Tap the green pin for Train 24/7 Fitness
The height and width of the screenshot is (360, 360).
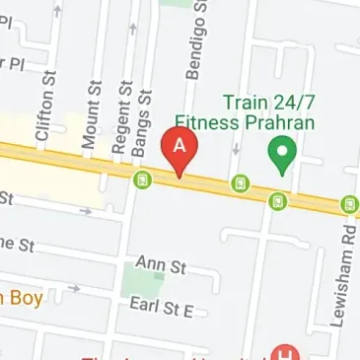[283, 156]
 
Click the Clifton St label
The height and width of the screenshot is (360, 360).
[46, 94]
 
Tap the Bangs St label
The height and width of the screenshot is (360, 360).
[143, 124]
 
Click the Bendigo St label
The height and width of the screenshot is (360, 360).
[198, 38]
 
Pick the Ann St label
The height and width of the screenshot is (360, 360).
[161, 266]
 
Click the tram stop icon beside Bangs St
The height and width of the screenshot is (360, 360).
[143, 180]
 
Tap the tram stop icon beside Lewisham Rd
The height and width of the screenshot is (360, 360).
[348, 204]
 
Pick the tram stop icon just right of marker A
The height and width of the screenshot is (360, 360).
[239, 183]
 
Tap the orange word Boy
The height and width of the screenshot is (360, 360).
[26, 297]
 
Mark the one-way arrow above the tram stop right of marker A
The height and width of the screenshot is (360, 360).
[237, 148]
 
